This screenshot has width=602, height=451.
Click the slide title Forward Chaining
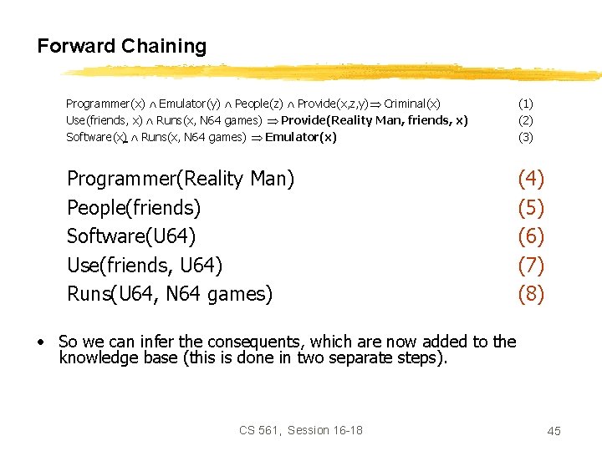click(121, 46)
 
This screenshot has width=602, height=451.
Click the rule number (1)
click(525, 104)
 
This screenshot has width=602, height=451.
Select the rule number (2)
click(525, 120)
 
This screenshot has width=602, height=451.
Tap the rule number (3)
click(525, 137)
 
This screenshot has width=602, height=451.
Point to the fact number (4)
click(531, 179)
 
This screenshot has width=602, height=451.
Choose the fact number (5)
click(531, 207)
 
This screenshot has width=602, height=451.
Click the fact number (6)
click(531, 236)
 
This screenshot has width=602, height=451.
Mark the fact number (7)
click(531, 266)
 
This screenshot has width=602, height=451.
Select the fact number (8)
click(531, 294)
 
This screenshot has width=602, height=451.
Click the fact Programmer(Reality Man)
click(181, 179)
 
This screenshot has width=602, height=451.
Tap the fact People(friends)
click(134, 207)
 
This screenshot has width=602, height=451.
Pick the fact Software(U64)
click(131, 236)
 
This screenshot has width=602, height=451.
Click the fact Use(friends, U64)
click(145, 266)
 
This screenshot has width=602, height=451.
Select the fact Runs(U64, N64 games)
click(170, 294)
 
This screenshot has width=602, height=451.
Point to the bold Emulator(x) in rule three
click(301, 137)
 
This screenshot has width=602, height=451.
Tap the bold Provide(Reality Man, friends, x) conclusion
click(375, 120)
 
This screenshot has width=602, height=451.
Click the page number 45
click(554, 430)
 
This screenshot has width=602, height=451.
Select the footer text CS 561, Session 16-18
click(301, 430)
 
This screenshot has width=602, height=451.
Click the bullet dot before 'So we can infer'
click(40, 342)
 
